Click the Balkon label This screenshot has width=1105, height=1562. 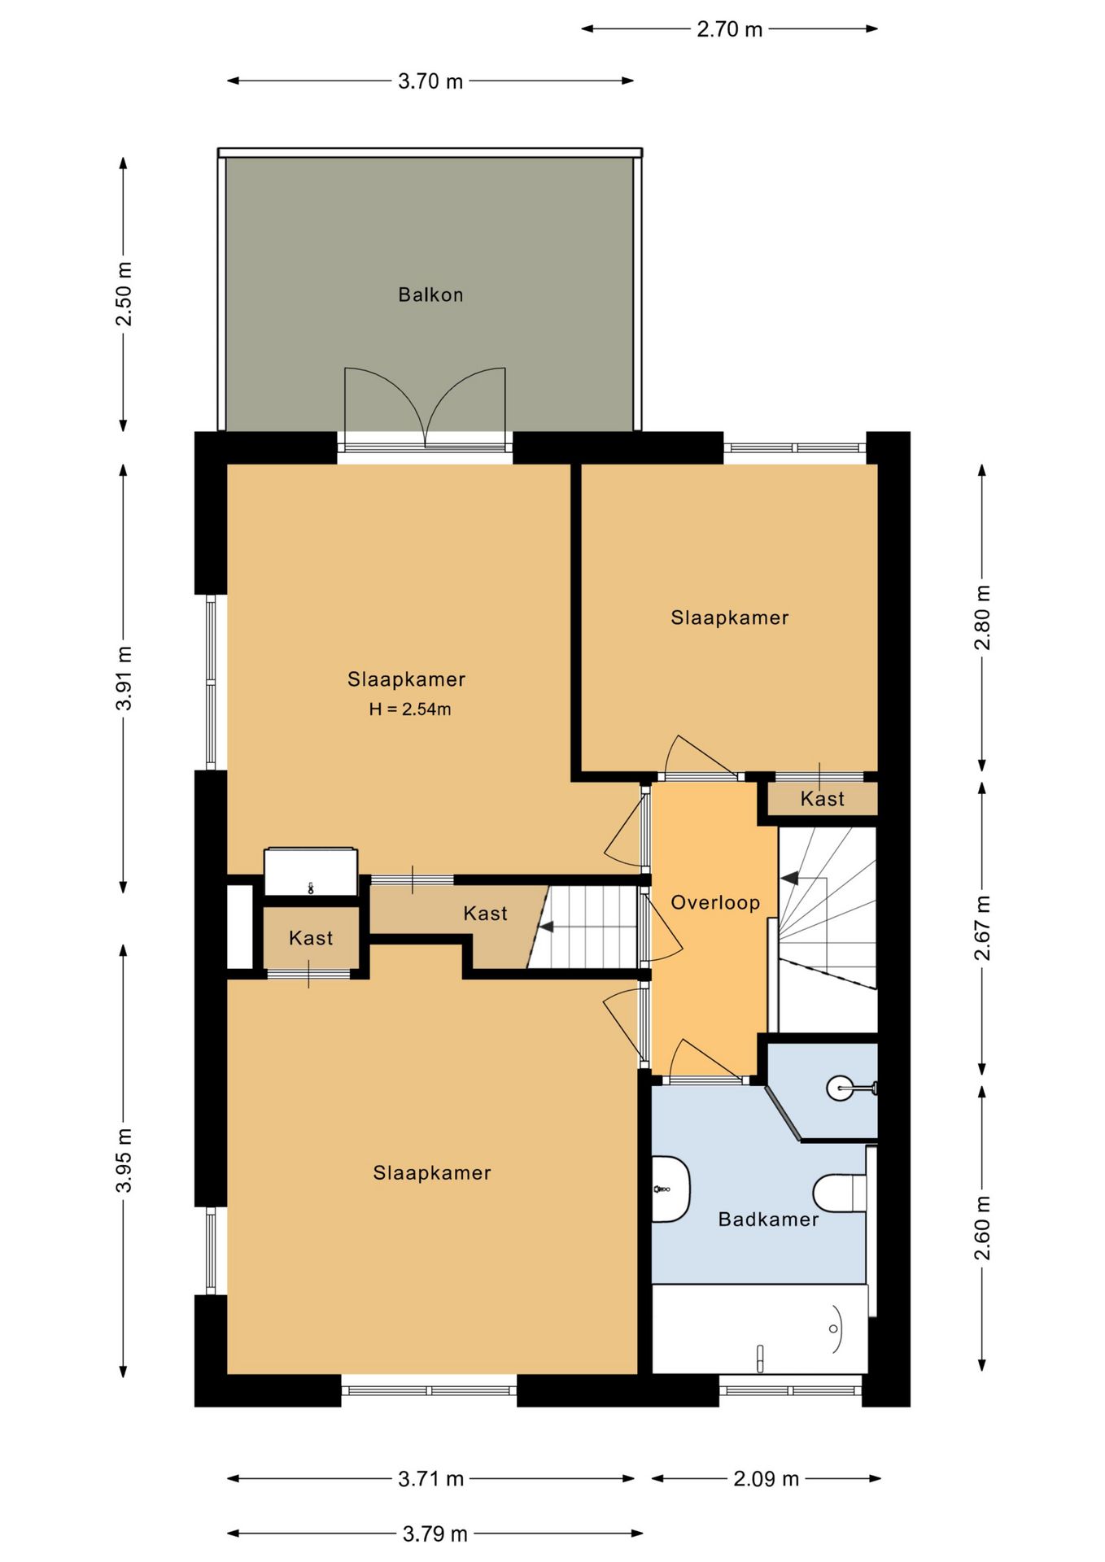point(430,295)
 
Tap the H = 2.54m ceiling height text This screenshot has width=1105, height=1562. point(410,709)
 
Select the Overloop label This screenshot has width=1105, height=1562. point(715,902)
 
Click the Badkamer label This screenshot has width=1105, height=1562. point(768,1219)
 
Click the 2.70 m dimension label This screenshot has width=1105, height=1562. point(729,29)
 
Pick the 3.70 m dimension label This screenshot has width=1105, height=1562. point(430,81)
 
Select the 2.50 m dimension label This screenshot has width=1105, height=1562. point(124,294)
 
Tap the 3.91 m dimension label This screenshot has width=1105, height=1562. point(124,678)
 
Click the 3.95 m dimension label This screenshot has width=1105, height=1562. point(124,1161)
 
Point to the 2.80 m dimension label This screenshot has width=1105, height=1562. point(983,617)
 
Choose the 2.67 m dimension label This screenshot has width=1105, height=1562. point(983,928)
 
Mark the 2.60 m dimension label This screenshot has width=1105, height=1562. point(983,1228)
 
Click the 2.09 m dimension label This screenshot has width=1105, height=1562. point(767,1478)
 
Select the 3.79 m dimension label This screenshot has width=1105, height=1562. point(435,1534)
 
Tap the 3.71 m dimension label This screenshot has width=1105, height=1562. point(431,1478)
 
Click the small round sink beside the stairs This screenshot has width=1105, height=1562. point(841,1088)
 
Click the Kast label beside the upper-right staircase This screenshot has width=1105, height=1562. point(823,799)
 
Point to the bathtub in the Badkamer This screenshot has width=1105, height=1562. point(760,1329)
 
